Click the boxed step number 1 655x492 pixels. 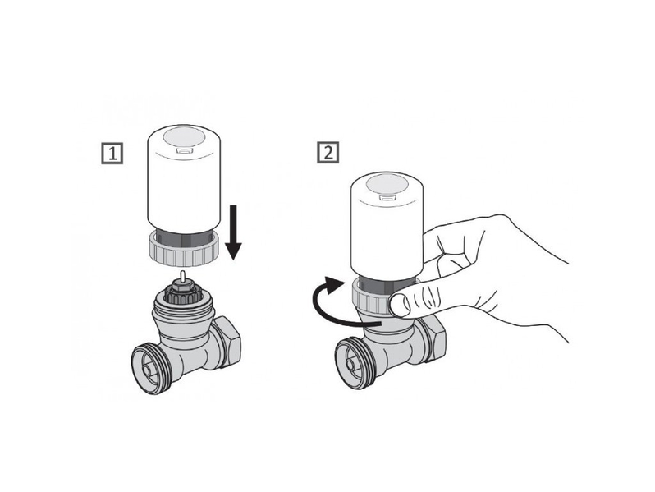(112, 154)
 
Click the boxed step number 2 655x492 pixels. (328, 152)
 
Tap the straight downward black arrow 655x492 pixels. (233, 232)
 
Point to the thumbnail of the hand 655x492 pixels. (400, 304)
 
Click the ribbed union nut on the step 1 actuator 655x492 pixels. (184, 251)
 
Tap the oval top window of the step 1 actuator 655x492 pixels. (184, 137)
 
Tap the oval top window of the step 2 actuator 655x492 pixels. (387, 184)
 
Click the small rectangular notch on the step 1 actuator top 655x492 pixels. (184, 151)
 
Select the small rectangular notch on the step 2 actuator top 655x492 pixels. (387, 198)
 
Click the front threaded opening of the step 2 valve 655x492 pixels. (353, 366)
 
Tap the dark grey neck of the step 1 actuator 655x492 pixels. (184, 237)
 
